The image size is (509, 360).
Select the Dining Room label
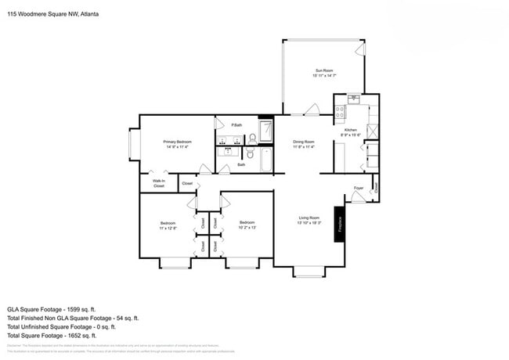click(x=303, y=142)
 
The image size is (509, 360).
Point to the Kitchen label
click(x=351, y=130)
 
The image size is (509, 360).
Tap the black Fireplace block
click(x=340, y=224)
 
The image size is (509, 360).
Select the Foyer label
click(x=358, y=189)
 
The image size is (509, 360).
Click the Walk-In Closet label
click(x=158, y=184)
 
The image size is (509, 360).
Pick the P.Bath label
click(x=236, y=125)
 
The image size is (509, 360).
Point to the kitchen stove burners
click(x=341, y=113)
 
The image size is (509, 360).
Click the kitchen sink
click(x=354, y=99)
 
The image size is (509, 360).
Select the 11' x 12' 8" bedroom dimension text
click(x=168, y=228)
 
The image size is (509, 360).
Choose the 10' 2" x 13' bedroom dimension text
click(x=247, y=228)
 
